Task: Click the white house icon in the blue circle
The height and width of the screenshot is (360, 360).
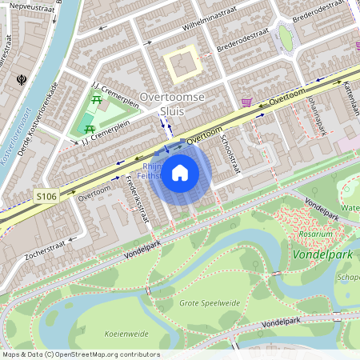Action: point(180,171)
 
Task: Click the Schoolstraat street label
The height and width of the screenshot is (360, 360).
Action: point(230,152)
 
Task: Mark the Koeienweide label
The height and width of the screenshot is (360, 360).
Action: point(126,333)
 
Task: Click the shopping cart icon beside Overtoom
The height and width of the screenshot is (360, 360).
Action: point(247,102)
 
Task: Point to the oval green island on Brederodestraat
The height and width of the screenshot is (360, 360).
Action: point(286,37)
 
